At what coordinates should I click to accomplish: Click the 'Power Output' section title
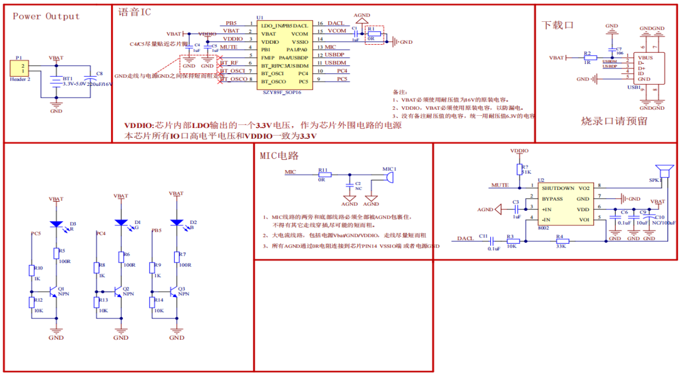(x=46, y=16)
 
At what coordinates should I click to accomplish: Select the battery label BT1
(x=67, y=78)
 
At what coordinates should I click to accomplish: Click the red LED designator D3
(x=73, y=224)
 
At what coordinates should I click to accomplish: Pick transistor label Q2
(x=126, y=288)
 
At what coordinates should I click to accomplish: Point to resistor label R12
(x=38, y=300)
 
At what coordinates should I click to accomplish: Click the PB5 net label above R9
(x=156, y=231)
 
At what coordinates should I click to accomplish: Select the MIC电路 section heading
(x=279, y=156)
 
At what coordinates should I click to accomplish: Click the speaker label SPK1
(x=655, y=180)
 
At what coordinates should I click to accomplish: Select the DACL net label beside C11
(x=465, y=238)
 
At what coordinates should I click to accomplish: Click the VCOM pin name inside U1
(x=300, y=34)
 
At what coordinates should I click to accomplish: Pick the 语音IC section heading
(x=134, y=12)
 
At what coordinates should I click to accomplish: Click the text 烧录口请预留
(x=614, y=121)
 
